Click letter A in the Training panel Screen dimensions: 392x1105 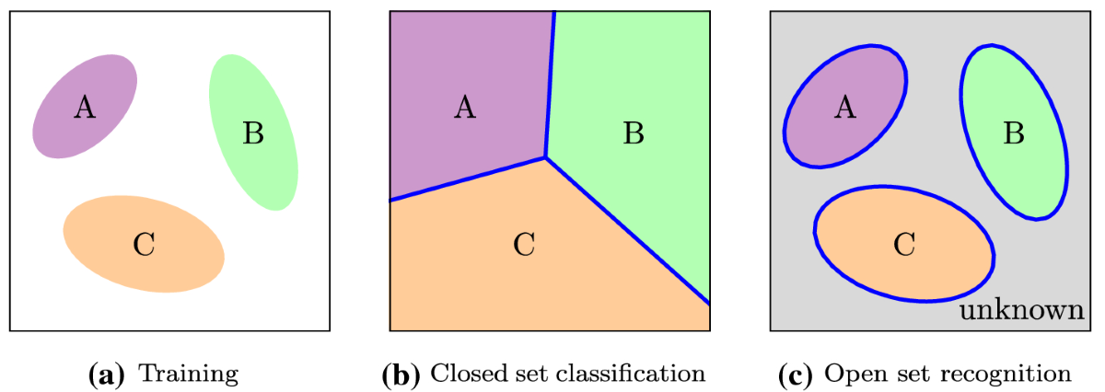[x=85, y=109]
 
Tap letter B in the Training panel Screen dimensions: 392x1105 [x=253, y=134]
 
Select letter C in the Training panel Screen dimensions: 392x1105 [x=144, y=245]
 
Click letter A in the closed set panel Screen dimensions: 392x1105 [x=465, y=109]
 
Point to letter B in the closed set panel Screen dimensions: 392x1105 [x=634, y=134]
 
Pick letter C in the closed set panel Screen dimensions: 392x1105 [x=524, y=245]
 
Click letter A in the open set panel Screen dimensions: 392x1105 [x=845, y=109]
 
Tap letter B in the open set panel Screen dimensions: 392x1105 [x=1014, y=134]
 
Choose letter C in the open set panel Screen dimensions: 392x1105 [x=904, y=245]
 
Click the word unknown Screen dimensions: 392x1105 [x=1020, y=310]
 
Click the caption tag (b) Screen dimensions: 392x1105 [x=402, y=374]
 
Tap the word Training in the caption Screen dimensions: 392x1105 [x=188, y=374]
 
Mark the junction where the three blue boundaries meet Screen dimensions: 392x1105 [x=545, y=157]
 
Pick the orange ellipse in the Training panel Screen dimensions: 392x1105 [x=101, y=241]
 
